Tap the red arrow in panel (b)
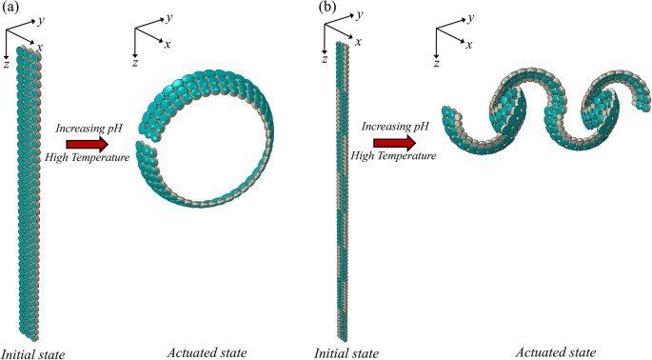[393, 143]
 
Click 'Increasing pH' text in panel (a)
[88, 128]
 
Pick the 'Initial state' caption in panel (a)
[33, 353]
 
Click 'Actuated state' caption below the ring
[207, 353]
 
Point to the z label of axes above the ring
[136, 62]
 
